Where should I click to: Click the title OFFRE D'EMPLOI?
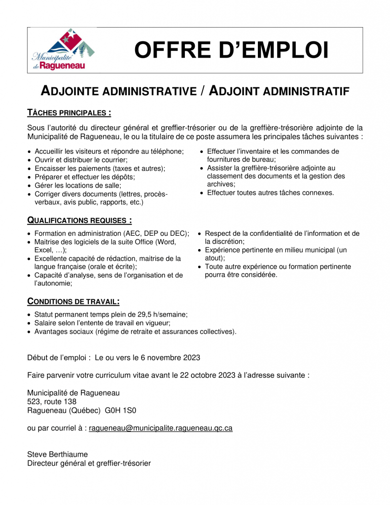(231, 50)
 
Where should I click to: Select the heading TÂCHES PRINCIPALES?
(69, 113)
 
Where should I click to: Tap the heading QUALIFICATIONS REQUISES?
(79, 220)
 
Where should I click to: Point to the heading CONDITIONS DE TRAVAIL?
(73, 301)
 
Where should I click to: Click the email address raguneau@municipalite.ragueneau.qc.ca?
(160, 428)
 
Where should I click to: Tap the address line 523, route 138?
(52, 401)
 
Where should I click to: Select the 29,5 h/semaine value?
(162, 314)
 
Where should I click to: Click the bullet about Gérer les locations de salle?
(77, 185)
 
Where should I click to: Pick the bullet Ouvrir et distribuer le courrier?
(81, 160)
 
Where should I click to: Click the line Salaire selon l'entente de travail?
(102, 323)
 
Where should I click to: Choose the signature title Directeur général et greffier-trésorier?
(89, 463)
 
